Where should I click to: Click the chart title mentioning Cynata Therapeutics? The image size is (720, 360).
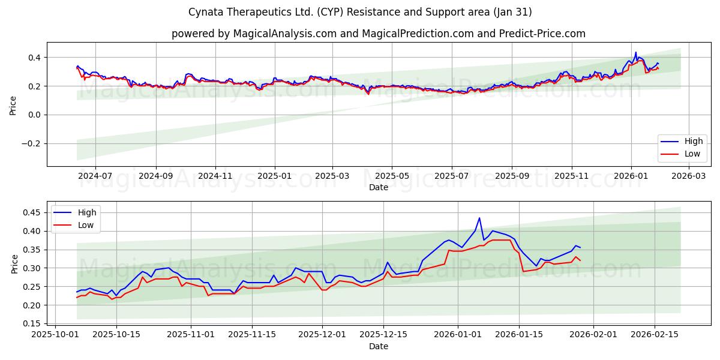click(x=360, y=12)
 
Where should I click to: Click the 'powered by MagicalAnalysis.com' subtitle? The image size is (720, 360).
click(x=378, y=34)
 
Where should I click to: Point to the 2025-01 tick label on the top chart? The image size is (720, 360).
click(x=275, y=176)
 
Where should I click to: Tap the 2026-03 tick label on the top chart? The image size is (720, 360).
click(x=689, y=176)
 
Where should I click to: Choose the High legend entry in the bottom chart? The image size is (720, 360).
click(x=76, y=212)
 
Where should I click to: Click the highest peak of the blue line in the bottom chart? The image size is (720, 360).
click(x=479, y=218)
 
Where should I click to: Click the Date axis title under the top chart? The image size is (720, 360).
click(x=378, y=187)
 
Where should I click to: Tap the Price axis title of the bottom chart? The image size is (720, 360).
click(x=14, y=263)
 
